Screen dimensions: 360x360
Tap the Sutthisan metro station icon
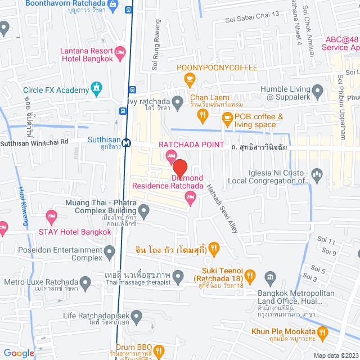(x=128, y=143)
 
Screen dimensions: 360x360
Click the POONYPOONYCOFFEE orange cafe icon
(x=190, y=79)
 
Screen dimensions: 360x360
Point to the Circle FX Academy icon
(x=97, y=88)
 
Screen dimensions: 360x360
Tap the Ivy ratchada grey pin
(x=178, y=102)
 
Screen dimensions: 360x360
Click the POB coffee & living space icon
(x=227, y=118)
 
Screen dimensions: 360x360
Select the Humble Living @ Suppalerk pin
(x=318, y=91)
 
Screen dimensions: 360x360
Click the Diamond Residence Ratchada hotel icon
(x=190, y=196)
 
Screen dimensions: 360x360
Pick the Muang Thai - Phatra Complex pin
(x=144, y=212)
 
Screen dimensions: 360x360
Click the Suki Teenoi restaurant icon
(x=251, y=276)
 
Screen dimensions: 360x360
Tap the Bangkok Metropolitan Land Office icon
(x=271, y=277)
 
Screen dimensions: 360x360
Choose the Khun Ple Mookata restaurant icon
(x=322, y=332)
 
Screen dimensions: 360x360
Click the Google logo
(x=19, y=353)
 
